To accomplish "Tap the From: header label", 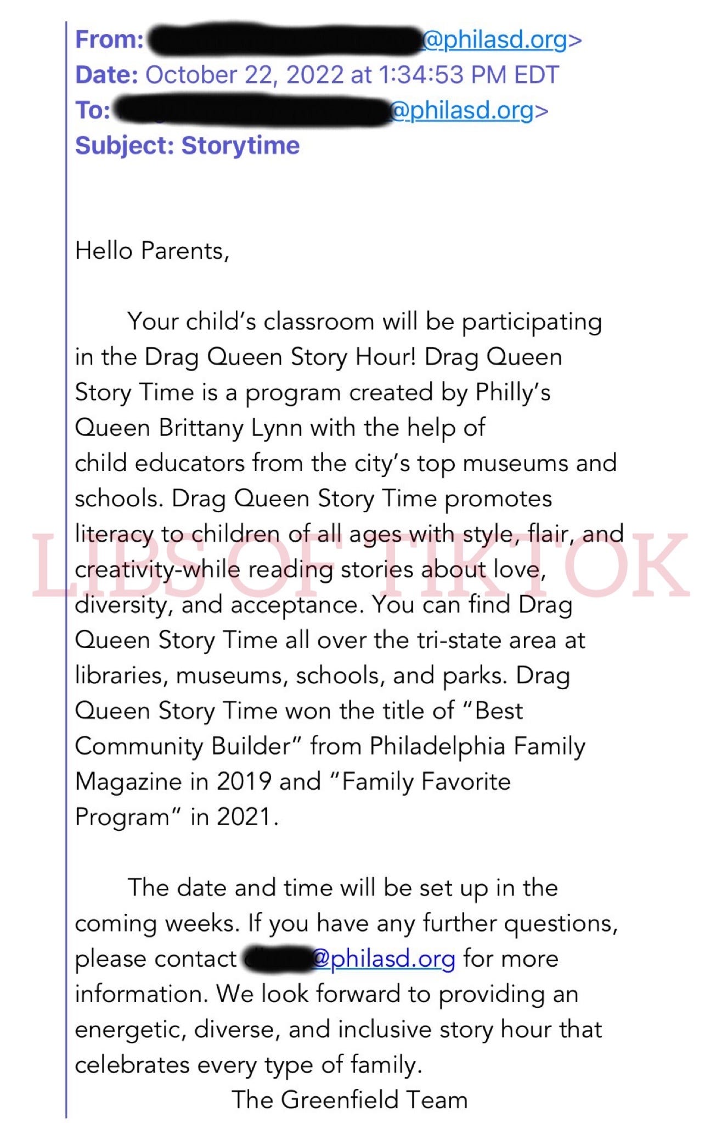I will pyautogui.click(x=109, y=40).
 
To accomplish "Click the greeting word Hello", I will pyautogui.click(x=104, y=251).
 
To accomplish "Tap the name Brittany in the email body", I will pyautogui.click(x=201, y=428).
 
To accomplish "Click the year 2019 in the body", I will pyautogui.click(x=244, y=781).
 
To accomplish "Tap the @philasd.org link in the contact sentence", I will pyautogui.click(x=383, y=958).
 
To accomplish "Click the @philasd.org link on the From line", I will pyautogui.click(x=494, y=40).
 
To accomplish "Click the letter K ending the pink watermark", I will pyautogui.click(x=658, y=565).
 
